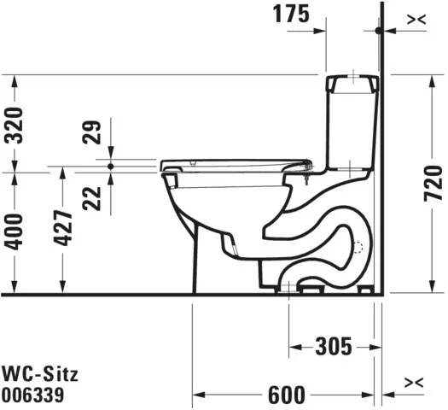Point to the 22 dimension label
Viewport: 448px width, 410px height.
(x=97, y=196)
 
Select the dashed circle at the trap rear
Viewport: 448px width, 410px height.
(x=358, y=250)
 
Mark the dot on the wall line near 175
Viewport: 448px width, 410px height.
(x=378, y=30)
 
